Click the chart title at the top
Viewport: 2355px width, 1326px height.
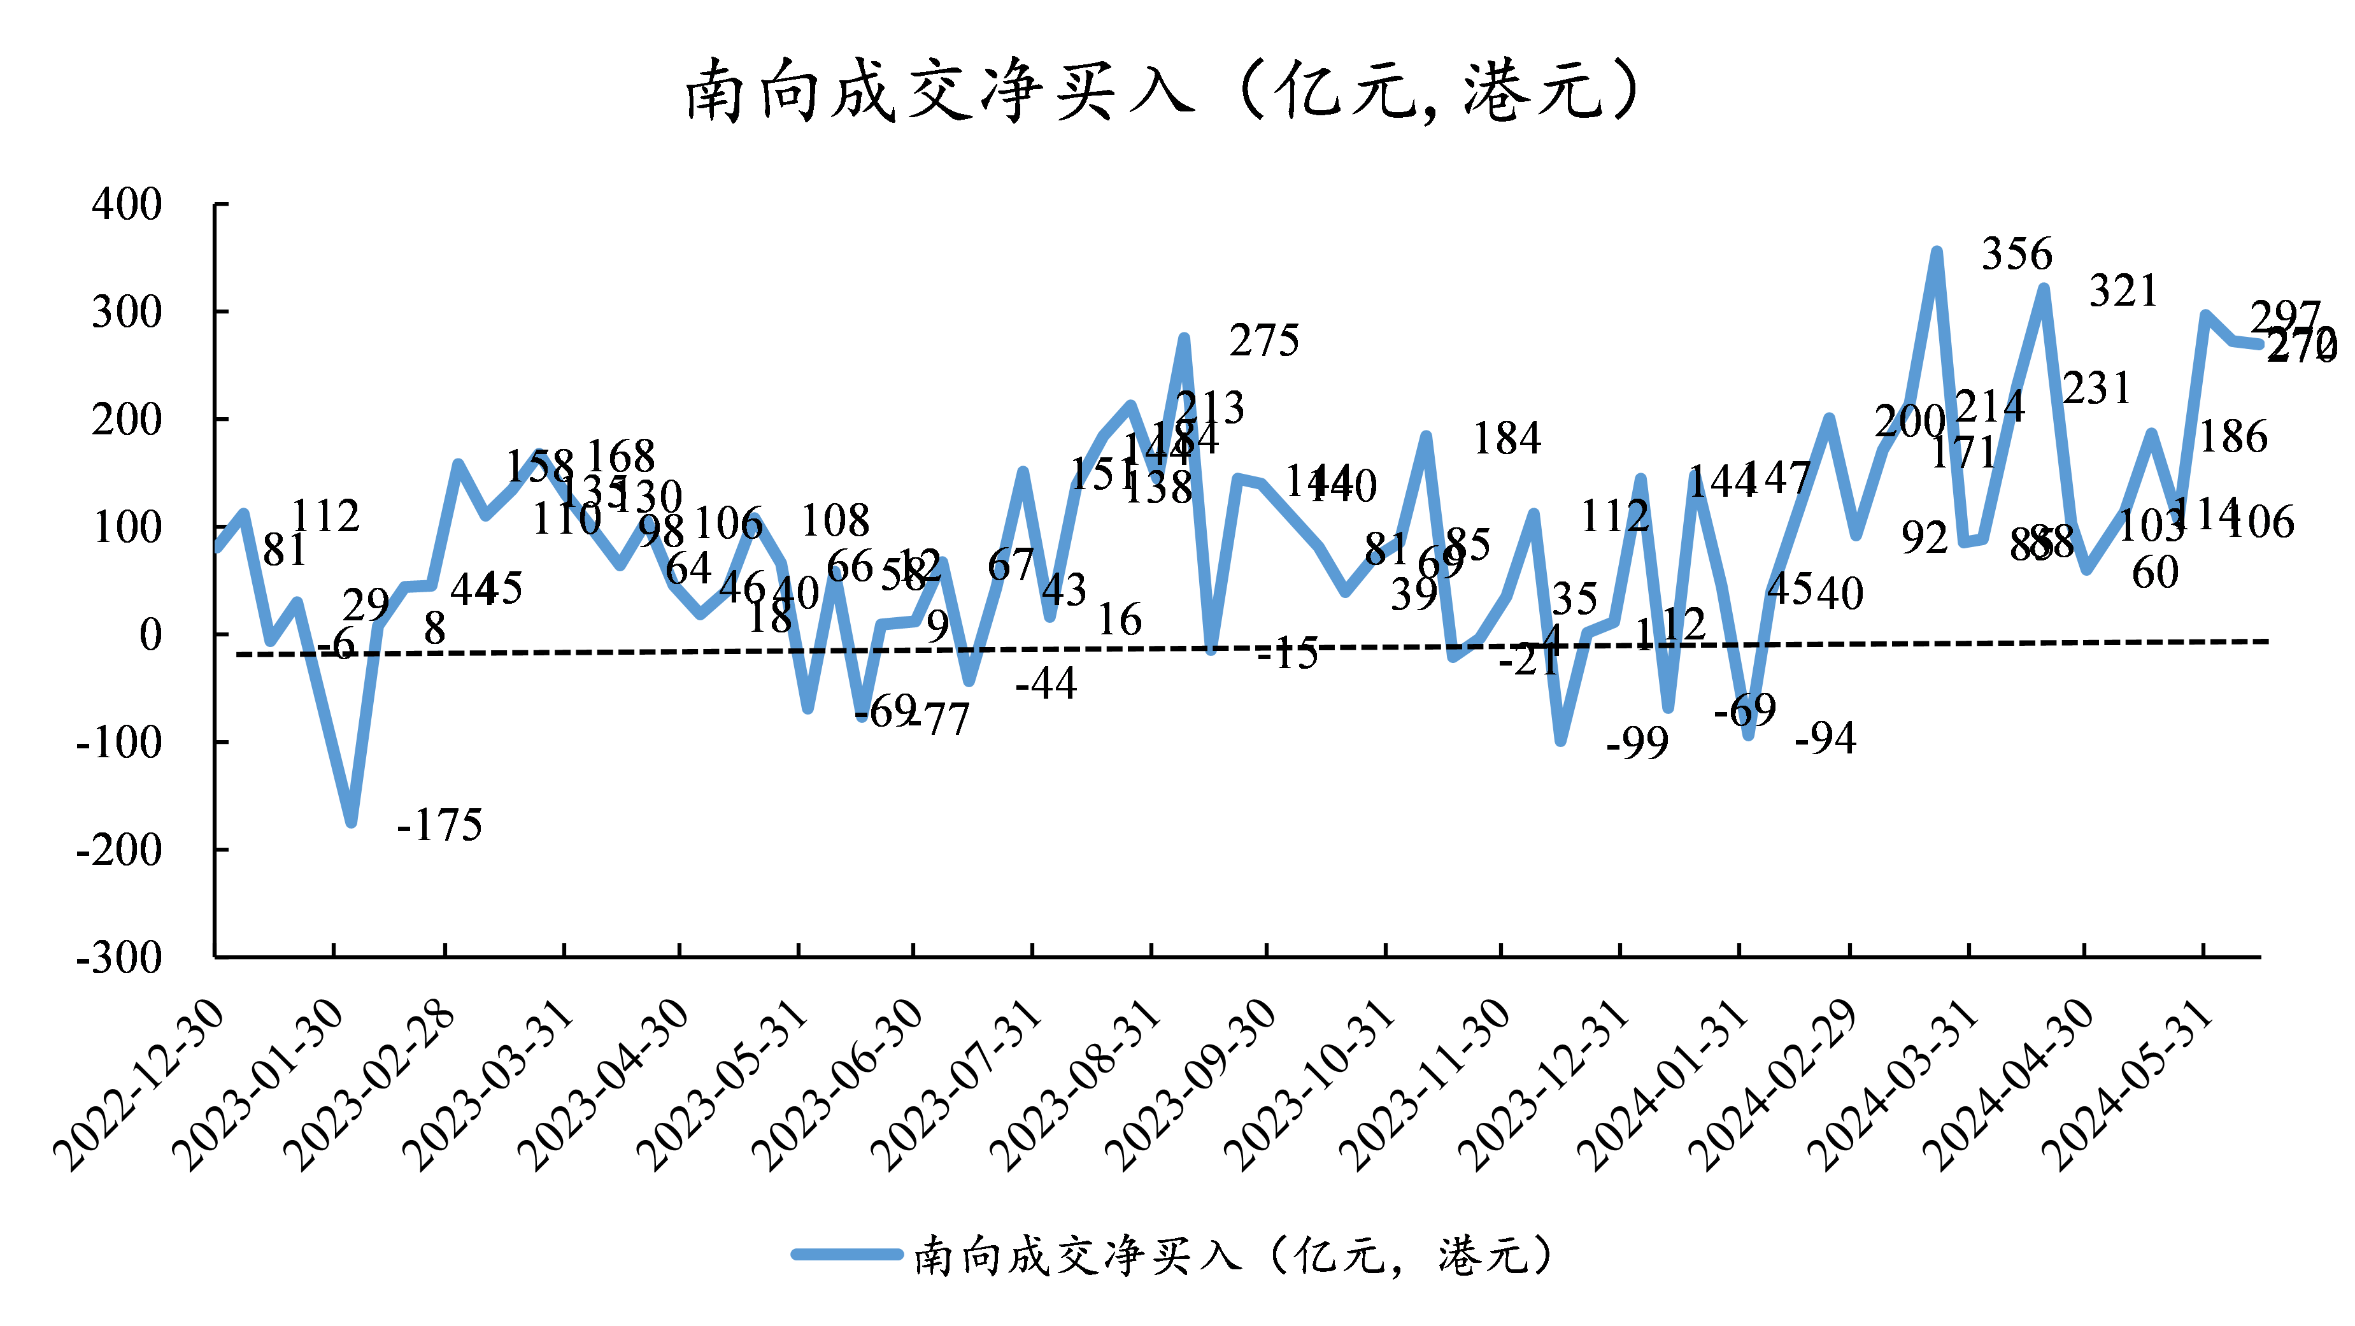click(1161, 92)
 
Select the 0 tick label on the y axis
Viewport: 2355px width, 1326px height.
click(150, 634)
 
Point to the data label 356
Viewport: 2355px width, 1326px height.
click(2017, 253)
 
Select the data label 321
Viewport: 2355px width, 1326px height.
click(2123, 291)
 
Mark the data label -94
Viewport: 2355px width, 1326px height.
click(1826, 738)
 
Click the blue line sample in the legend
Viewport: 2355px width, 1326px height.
click(846, 1255)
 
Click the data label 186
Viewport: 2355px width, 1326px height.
click(2233, 436)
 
